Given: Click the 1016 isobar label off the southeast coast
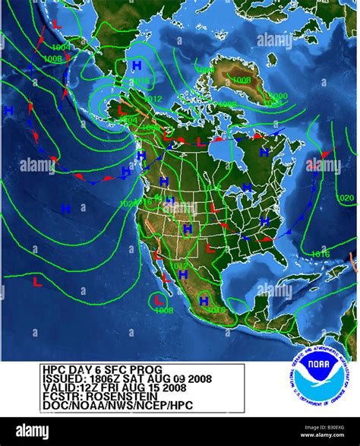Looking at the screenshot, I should click(321, 254).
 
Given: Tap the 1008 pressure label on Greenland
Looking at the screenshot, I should click(242, 80).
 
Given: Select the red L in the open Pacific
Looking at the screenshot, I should click(36, 281).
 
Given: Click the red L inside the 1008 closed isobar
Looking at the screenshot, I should click(159, 301).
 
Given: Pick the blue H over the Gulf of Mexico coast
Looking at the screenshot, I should click(204, 301).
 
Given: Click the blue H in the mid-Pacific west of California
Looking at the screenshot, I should click(65, 207).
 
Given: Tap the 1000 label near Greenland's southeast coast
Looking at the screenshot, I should click(278, 96).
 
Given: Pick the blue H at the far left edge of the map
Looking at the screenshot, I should click(9, 111).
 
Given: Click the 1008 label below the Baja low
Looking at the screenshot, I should click(163, 310).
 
